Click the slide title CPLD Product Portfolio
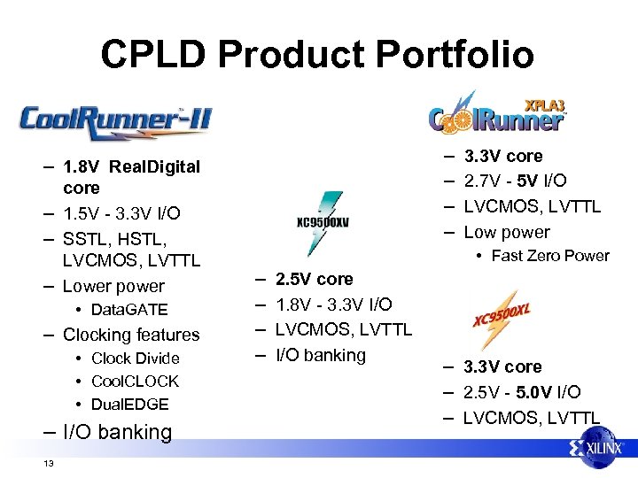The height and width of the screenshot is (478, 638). pyautogui.click(x=317, y=54)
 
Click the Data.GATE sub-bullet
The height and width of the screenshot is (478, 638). pyautogui.click(x=128, y=310)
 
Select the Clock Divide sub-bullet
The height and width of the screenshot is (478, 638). pyautogui.click(x=135, y=358)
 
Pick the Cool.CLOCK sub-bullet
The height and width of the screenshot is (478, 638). pyautogui.click(x=135, y=381)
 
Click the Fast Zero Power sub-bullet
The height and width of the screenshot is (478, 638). pyautogui.click(x=549, y=256)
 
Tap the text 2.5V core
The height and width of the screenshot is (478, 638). pyautogui.click(x=314, y=279)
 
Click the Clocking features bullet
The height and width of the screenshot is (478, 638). pyautogui.click(x=131, y=335)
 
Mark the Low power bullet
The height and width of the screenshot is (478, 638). pyautogui.click(x=507, y=232)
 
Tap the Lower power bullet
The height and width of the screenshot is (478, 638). pyautogui.click(x=113, y=286)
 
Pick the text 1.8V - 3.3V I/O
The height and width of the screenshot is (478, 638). pyautogui.click(x=333, y=305)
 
